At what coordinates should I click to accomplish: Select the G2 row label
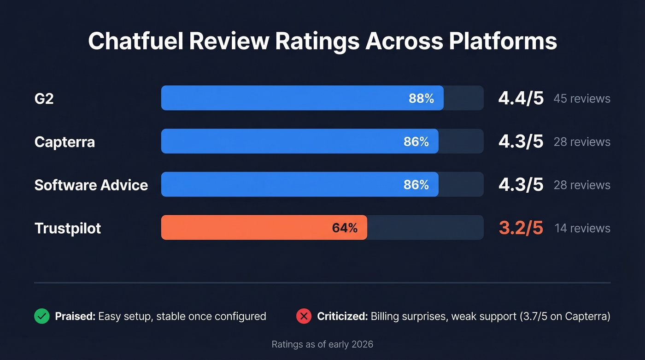44,98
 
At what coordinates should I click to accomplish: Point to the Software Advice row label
91,185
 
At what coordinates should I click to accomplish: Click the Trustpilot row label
68,228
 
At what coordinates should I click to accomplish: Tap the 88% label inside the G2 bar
421,98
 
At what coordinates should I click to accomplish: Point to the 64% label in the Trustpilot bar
345,228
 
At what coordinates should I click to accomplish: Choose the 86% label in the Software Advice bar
416,185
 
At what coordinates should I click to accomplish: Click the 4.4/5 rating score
521,98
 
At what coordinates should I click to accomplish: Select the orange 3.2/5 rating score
521,228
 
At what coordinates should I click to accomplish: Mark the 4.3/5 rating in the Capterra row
521,142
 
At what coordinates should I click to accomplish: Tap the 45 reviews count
582,99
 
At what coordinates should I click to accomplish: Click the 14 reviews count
582,228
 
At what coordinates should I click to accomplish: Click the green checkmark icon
42,316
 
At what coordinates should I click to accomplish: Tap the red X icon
304,316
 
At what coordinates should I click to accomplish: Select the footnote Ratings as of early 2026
322,344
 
